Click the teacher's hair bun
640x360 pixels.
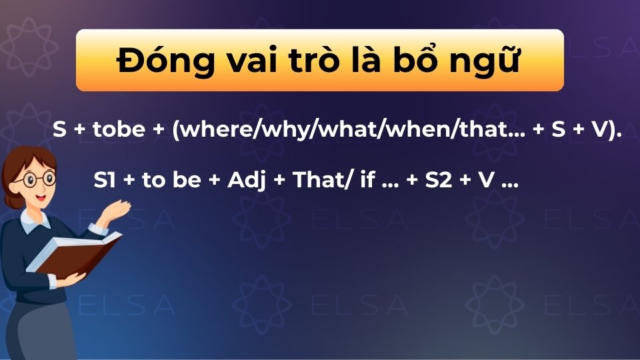point(12,167)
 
